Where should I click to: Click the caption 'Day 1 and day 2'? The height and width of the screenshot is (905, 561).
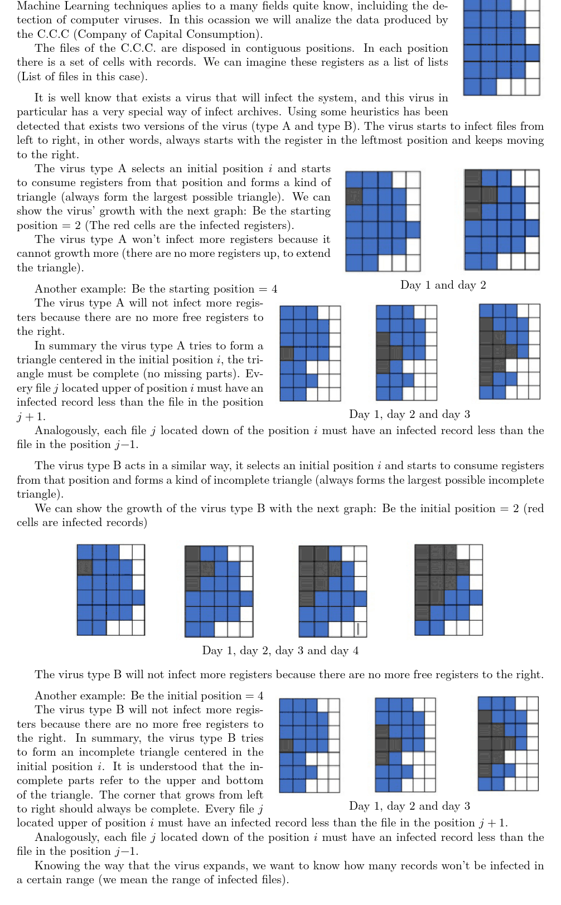pyautogui.click(x=443, y=285)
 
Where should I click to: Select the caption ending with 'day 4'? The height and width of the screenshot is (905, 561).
pyautogui.click(x=280, y=651)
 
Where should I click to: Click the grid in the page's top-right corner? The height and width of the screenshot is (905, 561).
pyautogui.click(x=501, y=47)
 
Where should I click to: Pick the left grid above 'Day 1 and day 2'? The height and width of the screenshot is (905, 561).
pyautogui.click(x=383, y=221)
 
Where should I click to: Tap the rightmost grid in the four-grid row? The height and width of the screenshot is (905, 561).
pyautogui.click(x=448, y=590)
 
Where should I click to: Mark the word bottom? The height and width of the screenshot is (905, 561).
pyautogui.click(x=244, y=780)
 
